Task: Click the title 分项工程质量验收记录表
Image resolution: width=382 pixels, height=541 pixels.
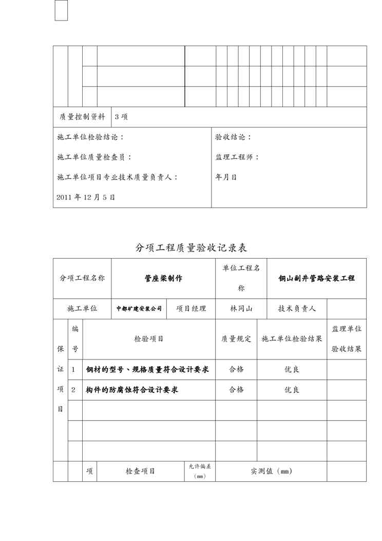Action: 191,248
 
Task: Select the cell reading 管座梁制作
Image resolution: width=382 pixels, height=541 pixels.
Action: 163,278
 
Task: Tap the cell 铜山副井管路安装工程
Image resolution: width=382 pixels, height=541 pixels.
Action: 316,278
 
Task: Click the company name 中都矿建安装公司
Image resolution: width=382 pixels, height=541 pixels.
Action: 139,309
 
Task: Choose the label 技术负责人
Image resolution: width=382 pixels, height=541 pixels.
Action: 297,309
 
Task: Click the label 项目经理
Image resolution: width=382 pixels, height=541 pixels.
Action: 191,309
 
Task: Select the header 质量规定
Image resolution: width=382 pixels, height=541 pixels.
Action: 236,339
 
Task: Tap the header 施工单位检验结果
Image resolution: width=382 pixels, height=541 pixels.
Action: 292,339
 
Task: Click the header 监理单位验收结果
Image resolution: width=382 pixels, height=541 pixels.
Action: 347,338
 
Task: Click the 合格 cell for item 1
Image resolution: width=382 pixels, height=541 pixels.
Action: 236,369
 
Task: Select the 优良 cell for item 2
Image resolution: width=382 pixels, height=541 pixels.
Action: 292,390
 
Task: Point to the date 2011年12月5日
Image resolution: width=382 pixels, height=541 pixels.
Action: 86,197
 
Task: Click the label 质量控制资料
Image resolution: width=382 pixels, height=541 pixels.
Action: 82,117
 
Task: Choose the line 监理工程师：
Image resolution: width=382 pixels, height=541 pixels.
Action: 237,157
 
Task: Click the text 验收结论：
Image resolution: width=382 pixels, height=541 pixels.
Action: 234,137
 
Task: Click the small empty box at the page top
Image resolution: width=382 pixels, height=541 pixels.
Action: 61,10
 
